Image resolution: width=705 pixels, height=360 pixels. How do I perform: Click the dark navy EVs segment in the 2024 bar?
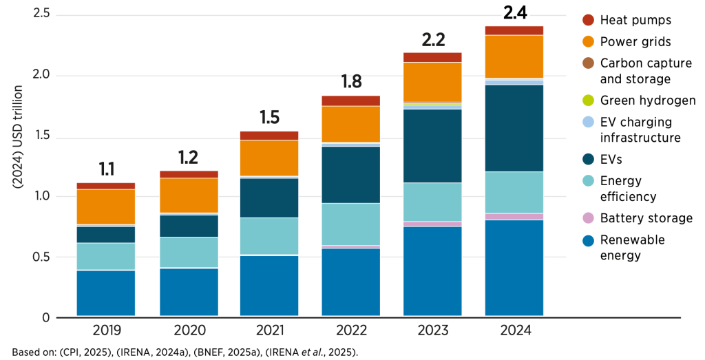514,128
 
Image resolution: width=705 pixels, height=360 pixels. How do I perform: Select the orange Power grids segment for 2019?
105,207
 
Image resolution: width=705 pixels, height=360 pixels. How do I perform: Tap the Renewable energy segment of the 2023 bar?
432,271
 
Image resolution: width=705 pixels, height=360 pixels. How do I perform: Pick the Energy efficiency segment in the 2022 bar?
350,224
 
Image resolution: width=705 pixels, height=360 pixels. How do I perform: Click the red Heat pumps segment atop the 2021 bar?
269,136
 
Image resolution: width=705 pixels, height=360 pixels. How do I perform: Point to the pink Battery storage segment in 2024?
514,217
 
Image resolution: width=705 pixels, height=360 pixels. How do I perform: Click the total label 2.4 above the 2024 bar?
514,12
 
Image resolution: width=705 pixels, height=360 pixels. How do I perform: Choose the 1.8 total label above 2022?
350,82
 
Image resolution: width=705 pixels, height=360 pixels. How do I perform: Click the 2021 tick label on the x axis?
269,331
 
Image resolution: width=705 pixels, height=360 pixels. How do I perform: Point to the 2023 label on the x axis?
432,331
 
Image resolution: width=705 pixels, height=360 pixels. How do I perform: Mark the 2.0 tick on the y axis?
41,75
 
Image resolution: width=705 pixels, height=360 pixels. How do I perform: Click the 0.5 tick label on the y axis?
41,257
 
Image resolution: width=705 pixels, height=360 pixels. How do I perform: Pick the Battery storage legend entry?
646,218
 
